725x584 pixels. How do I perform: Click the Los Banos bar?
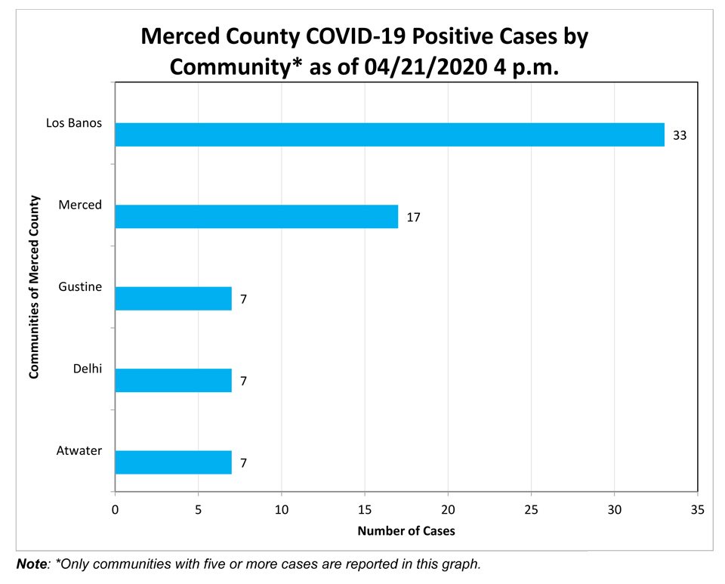390,134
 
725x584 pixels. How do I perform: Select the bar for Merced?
257,216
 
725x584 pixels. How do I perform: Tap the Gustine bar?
174,298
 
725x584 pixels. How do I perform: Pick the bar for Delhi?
174,380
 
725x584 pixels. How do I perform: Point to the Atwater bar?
174,462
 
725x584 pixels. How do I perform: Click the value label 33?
680,135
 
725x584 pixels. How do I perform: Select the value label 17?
413,218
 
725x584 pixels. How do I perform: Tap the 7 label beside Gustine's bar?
244,299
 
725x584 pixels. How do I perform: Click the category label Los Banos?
74,123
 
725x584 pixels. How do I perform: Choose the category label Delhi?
88,369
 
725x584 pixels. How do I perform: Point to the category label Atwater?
79,450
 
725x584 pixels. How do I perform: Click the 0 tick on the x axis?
115,509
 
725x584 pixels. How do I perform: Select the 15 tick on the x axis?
365,509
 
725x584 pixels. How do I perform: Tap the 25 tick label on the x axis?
531,509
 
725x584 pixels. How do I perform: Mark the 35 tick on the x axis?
698,509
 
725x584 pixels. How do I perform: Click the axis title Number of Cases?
406,531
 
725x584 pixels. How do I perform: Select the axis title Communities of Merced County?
34,286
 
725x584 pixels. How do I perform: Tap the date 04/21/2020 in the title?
426,67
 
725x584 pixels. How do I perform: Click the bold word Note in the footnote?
32,564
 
